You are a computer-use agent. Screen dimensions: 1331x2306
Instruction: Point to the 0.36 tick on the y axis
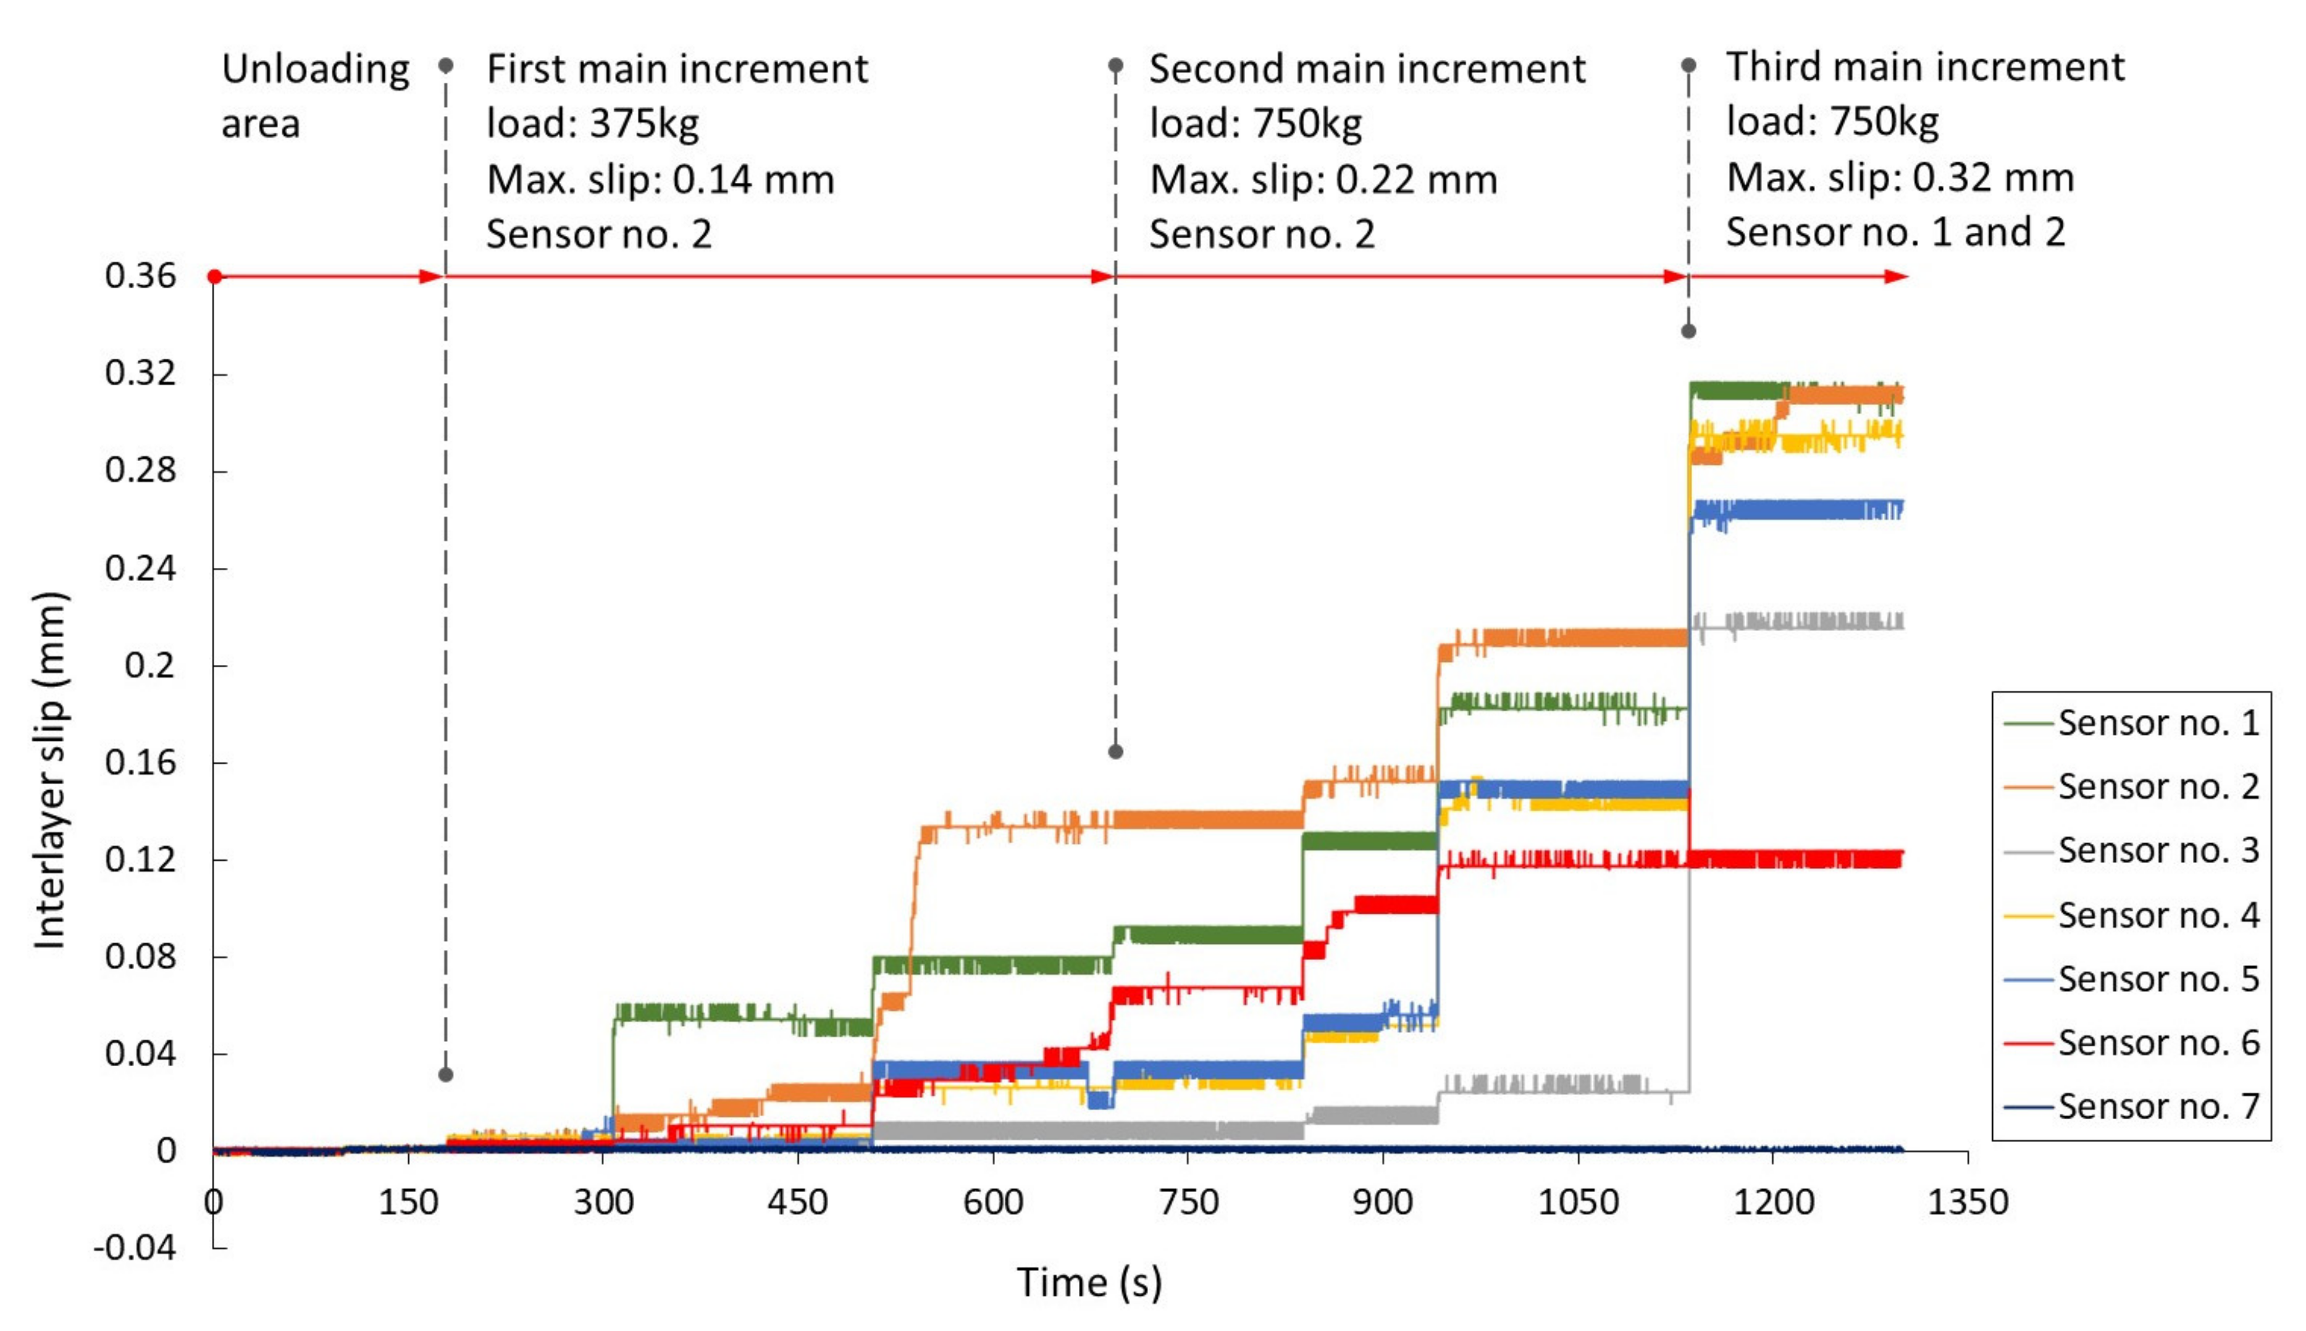click(x=140, y=275)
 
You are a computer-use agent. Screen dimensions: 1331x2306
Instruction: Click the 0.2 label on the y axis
click(x=149, y=665)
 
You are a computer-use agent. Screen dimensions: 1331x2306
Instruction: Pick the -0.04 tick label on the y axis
click(x=135, y=1247)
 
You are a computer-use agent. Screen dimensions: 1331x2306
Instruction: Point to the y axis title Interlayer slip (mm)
click(x=49, y=770)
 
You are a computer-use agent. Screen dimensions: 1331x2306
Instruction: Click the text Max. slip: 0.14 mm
click(x=660, y=178)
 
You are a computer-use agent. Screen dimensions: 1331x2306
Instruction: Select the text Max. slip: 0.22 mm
click(x=1322, y=178)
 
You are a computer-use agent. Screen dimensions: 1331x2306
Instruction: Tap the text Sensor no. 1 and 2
click(x=1895, y=232)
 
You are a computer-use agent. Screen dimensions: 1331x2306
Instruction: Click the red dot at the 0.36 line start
click(x=214, y=276)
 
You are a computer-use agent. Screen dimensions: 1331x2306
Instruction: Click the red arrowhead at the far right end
click(x=1897, y=276)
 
